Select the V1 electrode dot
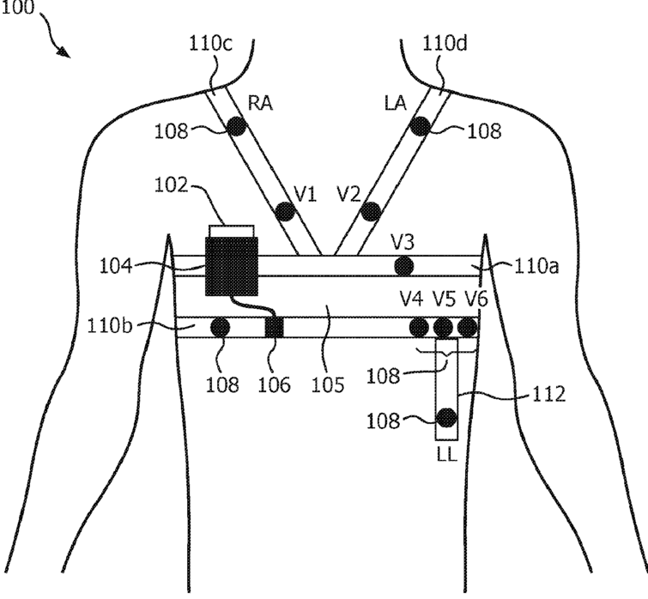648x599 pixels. [x=284, y=210]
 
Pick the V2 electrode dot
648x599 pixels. [x=370, y=210]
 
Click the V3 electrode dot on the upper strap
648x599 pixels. [x=402, y=266]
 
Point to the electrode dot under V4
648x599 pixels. [x=419, y=327]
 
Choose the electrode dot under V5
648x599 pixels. [x=442, y=327]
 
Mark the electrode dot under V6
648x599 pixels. [x=466, y=327]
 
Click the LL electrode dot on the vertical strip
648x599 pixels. [x=445, y=419]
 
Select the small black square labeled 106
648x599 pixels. [x=274, y=327]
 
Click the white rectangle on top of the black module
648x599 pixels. [x=232, y=230]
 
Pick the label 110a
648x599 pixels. [x=536, y=267]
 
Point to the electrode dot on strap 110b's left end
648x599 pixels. [x=219, y=327]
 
